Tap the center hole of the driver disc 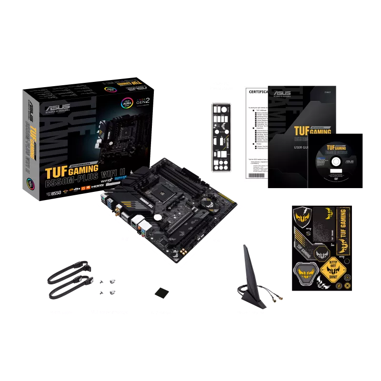pos(335,161)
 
